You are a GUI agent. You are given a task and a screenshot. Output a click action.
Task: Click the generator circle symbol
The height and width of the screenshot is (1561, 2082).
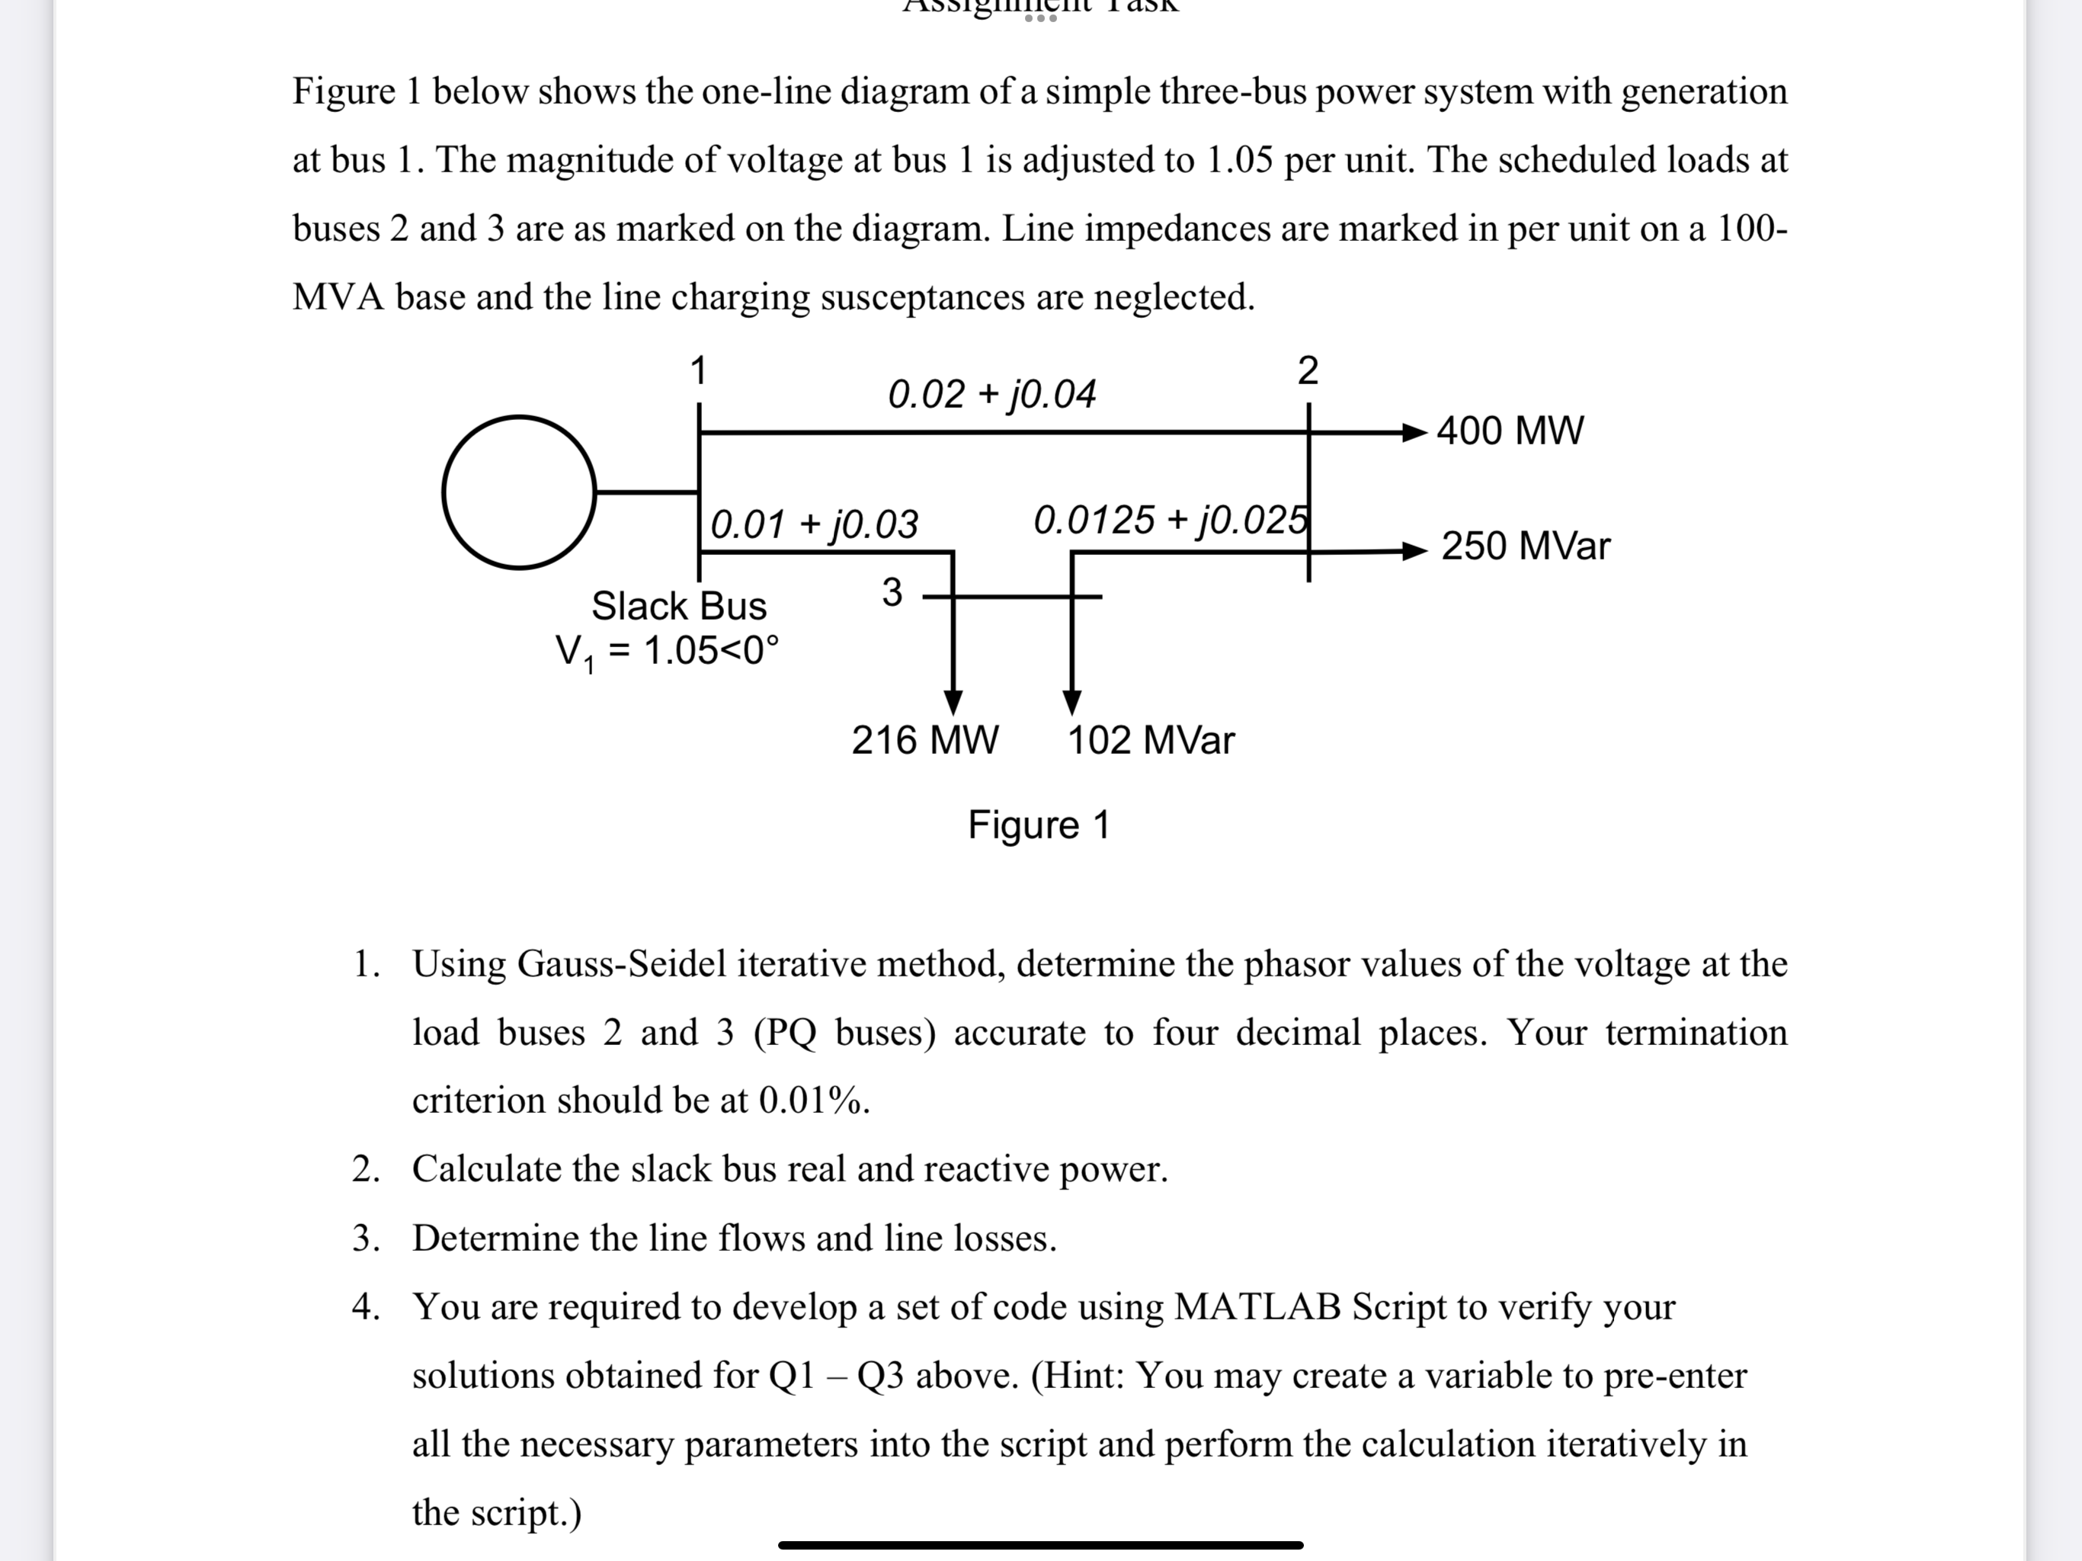519,492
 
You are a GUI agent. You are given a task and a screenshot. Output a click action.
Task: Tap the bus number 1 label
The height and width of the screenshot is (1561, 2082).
697,371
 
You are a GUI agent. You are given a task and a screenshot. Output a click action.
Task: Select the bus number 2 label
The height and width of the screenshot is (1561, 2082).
1308,371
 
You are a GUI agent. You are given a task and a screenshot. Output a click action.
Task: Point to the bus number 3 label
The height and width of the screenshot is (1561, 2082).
892,593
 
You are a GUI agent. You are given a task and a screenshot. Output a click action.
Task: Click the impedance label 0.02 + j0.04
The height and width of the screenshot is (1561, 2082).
991,393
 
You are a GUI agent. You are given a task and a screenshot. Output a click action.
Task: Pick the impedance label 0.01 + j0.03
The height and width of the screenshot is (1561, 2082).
814,524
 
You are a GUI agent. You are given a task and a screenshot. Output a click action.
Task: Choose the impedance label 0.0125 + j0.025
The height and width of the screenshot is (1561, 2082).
1170,520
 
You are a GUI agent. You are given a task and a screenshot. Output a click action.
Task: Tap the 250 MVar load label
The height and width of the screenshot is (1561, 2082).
1525,546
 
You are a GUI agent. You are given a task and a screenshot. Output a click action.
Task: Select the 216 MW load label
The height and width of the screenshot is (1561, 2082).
924,740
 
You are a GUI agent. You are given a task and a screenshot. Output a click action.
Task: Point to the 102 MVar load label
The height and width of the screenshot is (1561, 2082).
1150,740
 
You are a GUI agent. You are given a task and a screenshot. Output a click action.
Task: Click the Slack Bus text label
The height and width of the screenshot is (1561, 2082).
678,606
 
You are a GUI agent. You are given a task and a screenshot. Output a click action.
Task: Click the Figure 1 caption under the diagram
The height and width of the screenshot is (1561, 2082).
1039,825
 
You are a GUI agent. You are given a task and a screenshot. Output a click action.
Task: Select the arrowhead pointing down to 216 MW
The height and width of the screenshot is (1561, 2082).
953,702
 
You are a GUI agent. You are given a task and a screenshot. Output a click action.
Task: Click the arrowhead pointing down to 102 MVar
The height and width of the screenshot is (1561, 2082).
1072,702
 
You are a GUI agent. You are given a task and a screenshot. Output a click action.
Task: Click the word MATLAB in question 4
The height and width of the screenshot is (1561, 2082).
1257,1306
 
